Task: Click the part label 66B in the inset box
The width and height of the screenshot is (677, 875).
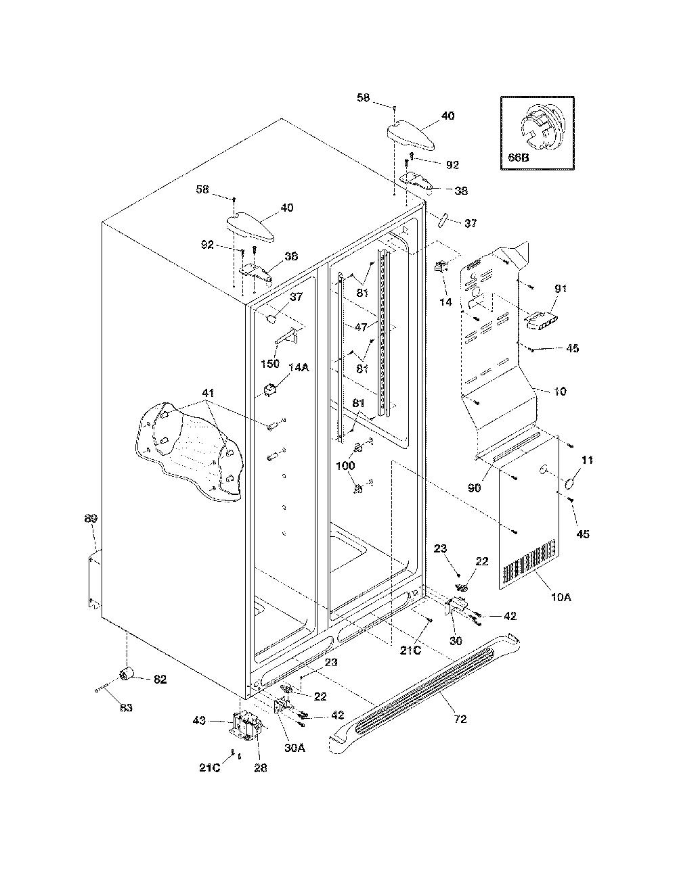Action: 519,158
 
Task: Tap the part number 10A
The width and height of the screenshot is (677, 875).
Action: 561,597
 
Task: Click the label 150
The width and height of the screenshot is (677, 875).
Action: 270,364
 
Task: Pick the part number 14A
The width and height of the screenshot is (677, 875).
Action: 299,367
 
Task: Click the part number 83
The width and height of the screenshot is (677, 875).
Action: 126,707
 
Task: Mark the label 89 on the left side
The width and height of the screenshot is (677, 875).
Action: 91,519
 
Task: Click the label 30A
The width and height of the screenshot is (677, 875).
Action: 294,748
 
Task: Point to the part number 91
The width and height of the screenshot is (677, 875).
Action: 561,288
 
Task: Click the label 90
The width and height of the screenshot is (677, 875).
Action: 475,488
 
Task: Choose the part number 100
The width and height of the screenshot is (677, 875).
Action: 345,466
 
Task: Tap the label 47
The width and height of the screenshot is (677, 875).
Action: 361,327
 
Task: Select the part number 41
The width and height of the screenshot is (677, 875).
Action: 208,393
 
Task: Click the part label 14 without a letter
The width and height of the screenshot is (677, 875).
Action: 445,302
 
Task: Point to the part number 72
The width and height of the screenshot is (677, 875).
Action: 460,719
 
